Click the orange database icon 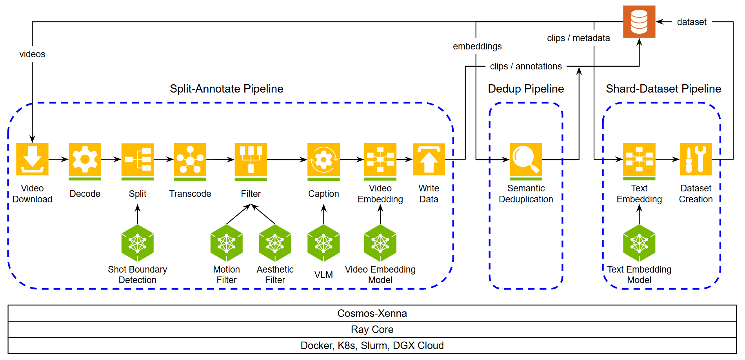(639, 22)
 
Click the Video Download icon (32, 159)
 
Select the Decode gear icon (85, 160)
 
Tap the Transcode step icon (190, 160)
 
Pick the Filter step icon (251, 160)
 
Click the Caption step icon (323, 160)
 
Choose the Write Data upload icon (429, 159)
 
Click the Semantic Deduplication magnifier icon (526, 160)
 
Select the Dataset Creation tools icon (696, 159)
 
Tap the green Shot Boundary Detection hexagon (137, 243)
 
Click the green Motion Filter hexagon (227, 243)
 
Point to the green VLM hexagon (323, 243)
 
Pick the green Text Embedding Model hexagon (639, 243)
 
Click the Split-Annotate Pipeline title (226, 89)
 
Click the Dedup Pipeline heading (526, 89)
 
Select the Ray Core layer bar (372, 329)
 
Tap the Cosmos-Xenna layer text (372, 313)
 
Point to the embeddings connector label (477, 46)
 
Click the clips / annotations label (526, 66)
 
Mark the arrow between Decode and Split (111, 159)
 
